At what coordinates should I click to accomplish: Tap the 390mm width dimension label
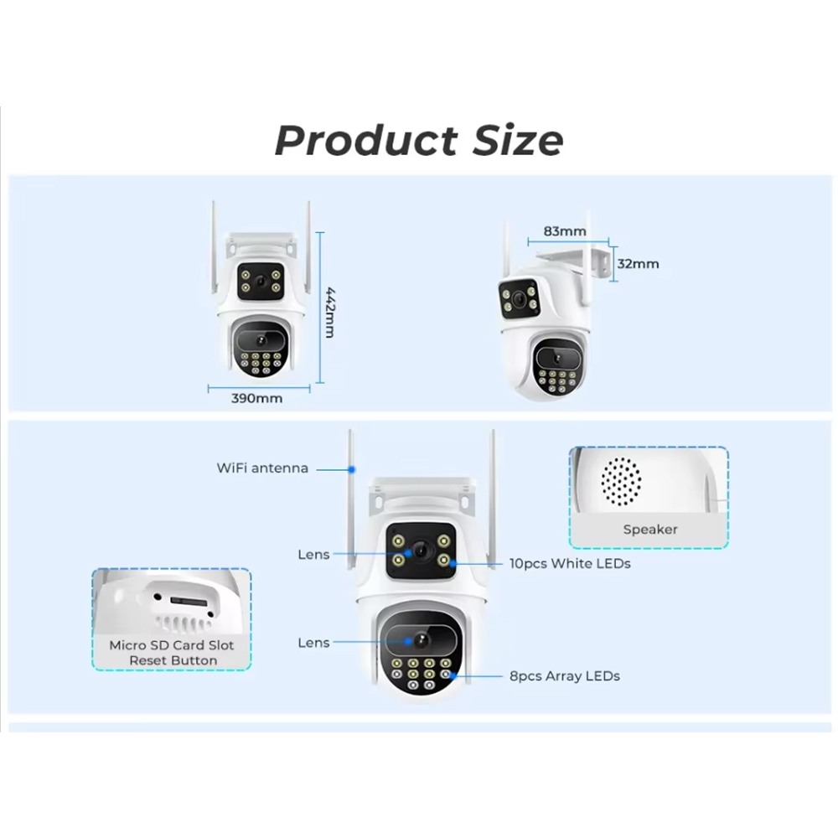(256, 399)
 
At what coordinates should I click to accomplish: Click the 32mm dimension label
(638, 264)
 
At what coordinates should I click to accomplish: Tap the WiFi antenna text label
(262, 468)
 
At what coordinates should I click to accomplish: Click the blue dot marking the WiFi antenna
(352, 469)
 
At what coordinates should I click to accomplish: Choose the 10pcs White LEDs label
(569, 564)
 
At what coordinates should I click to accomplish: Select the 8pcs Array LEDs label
(564, 675)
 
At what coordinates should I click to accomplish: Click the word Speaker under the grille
(649, 530)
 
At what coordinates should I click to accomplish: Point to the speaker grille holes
(621, 482)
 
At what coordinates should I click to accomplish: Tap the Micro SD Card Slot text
(172, 645)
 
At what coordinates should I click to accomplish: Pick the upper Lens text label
(313, 555)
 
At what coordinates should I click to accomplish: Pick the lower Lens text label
(313, 643)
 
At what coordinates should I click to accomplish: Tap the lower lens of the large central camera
(420, 640)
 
